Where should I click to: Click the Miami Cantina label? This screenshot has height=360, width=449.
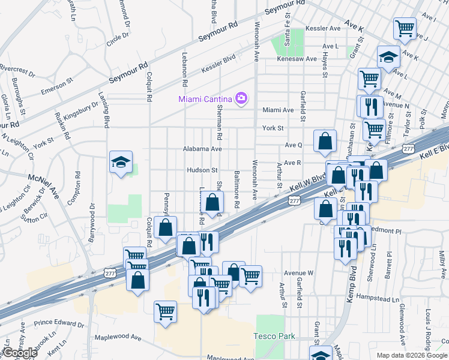tap(205, 98)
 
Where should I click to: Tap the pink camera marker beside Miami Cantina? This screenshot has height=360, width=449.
tap(241, 98)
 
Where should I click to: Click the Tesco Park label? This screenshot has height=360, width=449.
tap(274, 337)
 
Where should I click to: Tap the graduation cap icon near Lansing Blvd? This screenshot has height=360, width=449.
tap(121, 162)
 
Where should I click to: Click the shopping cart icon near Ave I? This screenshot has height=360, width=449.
tap(405, 28)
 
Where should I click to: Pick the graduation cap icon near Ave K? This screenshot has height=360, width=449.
tap(388, 58)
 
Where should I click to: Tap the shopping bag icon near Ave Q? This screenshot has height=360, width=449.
tap(325, 142)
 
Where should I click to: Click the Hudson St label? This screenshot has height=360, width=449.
tap(202, 170)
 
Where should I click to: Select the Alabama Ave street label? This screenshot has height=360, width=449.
tap(202, 149)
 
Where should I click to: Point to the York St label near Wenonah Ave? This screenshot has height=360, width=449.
tap(273, 128)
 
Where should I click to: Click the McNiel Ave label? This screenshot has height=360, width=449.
tap(44, 186)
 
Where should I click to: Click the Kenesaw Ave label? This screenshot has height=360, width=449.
tap(296, 59)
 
